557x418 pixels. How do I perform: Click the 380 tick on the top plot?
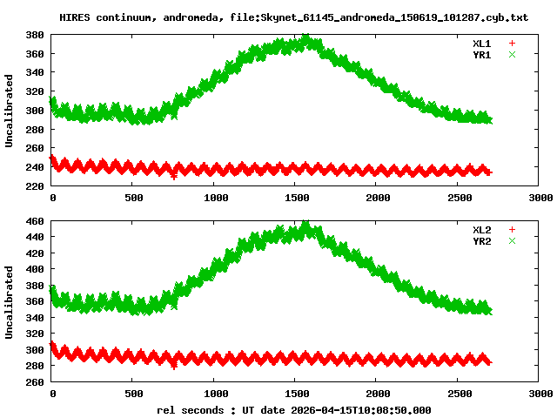pyautogui.click(x=35, y=35)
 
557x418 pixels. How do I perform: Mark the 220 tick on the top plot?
pyautogui.click(x=35, y=186)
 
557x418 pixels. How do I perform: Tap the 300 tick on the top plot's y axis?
pyautogui.click(x=35, y=111)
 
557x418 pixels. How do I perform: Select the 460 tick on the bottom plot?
pyautogui.click(x=35, y=221)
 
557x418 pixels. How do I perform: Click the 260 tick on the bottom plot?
pyautogui.click(x=35, y=382)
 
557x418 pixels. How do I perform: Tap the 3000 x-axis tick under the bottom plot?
pyautogui.click(x=540, y=394)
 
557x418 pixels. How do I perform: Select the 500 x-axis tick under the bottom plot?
pyautogui.click(x=133, y=394)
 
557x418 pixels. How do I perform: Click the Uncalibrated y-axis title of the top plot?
pyautogui.click(x=10, y=111)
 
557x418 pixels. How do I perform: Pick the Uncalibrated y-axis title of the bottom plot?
pyautogui.click(x=10, y=301)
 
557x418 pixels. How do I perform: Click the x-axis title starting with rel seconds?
pyautogui.click(x=294, y=409)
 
